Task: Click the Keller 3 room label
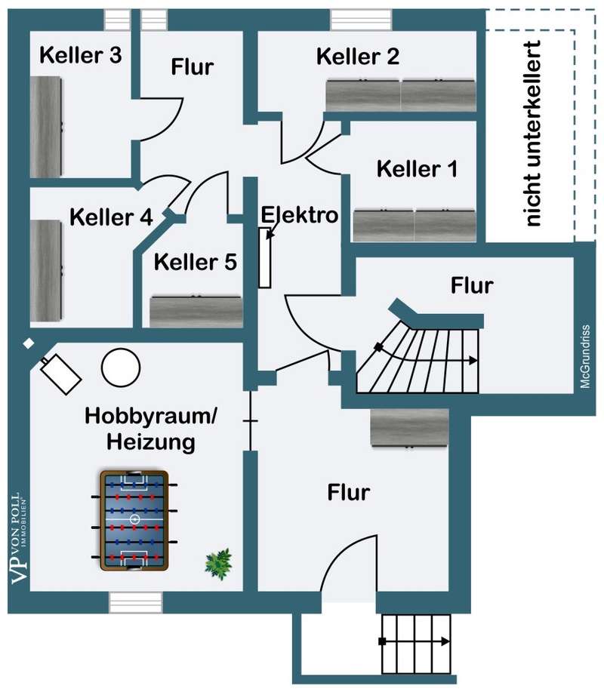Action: pos(81,56)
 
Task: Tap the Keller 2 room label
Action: pos(358,57)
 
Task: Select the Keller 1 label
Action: pos(417,168)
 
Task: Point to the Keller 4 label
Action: pos(111,217)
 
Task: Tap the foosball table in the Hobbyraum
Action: pos(134,520)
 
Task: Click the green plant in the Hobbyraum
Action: pos(219,562)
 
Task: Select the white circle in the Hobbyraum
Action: pos(121,367)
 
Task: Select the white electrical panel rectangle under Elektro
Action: pos(264,258)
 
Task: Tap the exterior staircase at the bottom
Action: pos(416,643)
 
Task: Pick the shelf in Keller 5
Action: pos(197,312)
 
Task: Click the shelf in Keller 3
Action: pos(45,128)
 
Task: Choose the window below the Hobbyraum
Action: pos(135,603)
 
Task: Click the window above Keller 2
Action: pos(361,17)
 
